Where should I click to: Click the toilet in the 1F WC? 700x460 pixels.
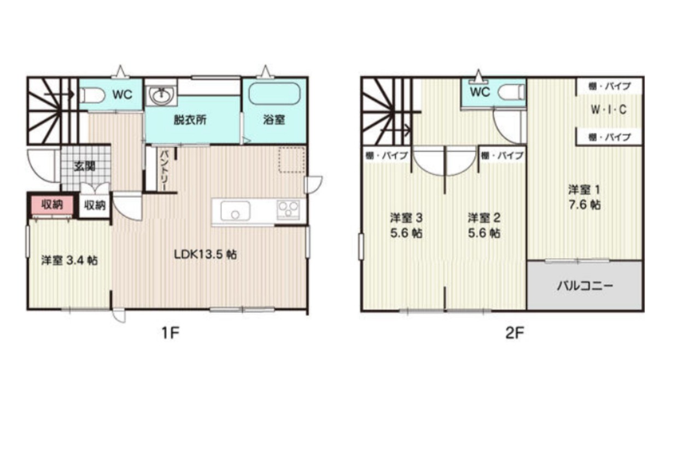tap(92, 95)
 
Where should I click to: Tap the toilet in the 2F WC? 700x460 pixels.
tap(511, 92)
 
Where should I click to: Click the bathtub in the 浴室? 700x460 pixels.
tap(275, 94)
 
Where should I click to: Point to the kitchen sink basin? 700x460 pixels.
tap(235, 211)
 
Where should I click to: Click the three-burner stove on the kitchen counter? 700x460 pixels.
tap(288, 209)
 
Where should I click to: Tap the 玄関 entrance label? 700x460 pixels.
tap(84, 167)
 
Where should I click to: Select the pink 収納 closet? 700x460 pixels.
tap(52, 205)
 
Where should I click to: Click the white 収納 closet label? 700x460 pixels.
tap(95, 205)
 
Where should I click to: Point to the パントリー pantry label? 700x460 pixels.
tap(165, 170)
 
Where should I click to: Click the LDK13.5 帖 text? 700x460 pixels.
tap(205, 254)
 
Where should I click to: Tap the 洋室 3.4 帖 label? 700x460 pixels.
tap(69, 260)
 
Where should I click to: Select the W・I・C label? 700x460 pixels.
tap(609, 110)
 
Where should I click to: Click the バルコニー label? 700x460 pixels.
tap(585, 286)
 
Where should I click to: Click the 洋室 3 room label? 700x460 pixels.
tap(406, 218)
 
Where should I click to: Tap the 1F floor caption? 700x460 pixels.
tap(170, 334)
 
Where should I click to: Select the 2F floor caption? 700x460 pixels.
tap(515, 334)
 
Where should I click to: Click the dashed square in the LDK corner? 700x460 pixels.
tap(291, 160)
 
